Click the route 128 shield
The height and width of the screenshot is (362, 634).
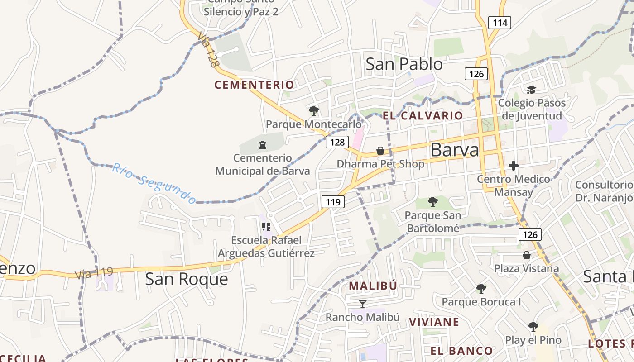pos(337,142)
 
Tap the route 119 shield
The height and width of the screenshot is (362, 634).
pos(333,202)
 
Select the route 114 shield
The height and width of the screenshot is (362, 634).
pos(500,22)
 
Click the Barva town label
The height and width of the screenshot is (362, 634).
pos(454,150)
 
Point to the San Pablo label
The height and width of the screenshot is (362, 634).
pos(404,64)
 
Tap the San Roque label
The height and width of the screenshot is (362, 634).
pos(186,279)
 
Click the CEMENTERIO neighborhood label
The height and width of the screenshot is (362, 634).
pos(254,85)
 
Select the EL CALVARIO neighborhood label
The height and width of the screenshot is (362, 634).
pos(423,116)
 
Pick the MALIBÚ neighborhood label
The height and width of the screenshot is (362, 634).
pos(373,286)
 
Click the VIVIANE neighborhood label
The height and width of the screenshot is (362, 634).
pos(434,322)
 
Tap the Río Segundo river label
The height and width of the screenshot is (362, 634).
pos(154,183)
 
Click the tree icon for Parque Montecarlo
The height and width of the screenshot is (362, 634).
pos(313,110)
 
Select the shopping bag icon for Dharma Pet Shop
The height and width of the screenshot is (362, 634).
pos(380,151)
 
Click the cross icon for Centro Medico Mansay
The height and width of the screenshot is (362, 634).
pos(513,166)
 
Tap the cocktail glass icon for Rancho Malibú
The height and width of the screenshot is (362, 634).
pos(362,304)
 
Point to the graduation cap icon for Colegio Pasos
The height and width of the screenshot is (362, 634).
pos(531,90)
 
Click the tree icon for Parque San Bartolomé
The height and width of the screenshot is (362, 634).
pos(432,202)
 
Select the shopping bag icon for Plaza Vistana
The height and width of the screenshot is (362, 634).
pos(526,255)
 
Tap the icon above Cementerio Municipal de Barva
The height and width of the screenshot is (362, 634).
pos(262,145)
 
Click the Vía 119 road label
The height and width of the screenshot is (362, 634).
pos(94,272)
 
